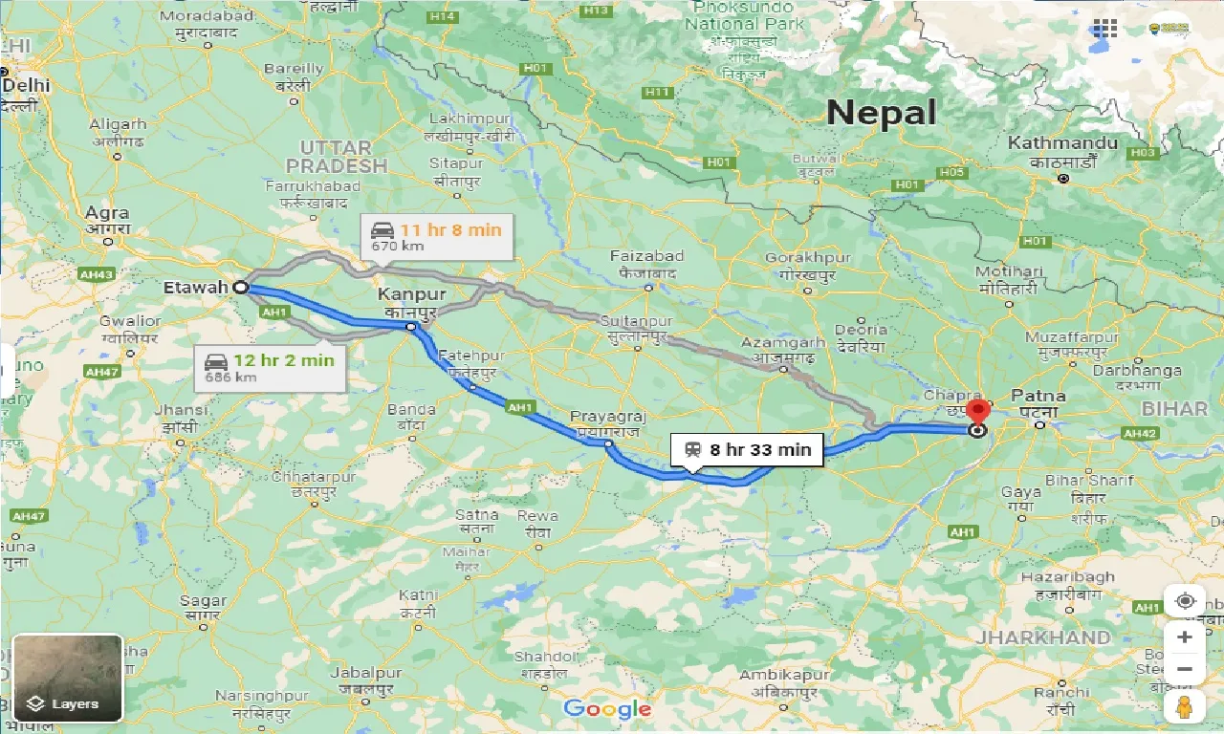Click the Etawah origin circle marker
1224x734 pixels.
[240, 286]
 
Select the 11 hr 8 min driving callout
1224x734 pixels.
[436, 236]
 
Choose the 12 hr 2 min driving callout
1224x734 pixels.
[271, 367]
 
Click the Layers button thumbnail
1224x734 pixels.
[68, 678]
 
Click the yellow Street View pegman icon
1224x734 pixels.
[1184, 706]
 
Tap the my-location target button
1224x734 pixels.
[1185, 601]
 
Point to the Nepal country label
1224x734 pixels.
[881, 113]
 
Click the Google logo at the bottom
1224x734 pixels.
[607, 708]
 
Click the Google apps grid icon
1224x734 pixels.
[1104, 29]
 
